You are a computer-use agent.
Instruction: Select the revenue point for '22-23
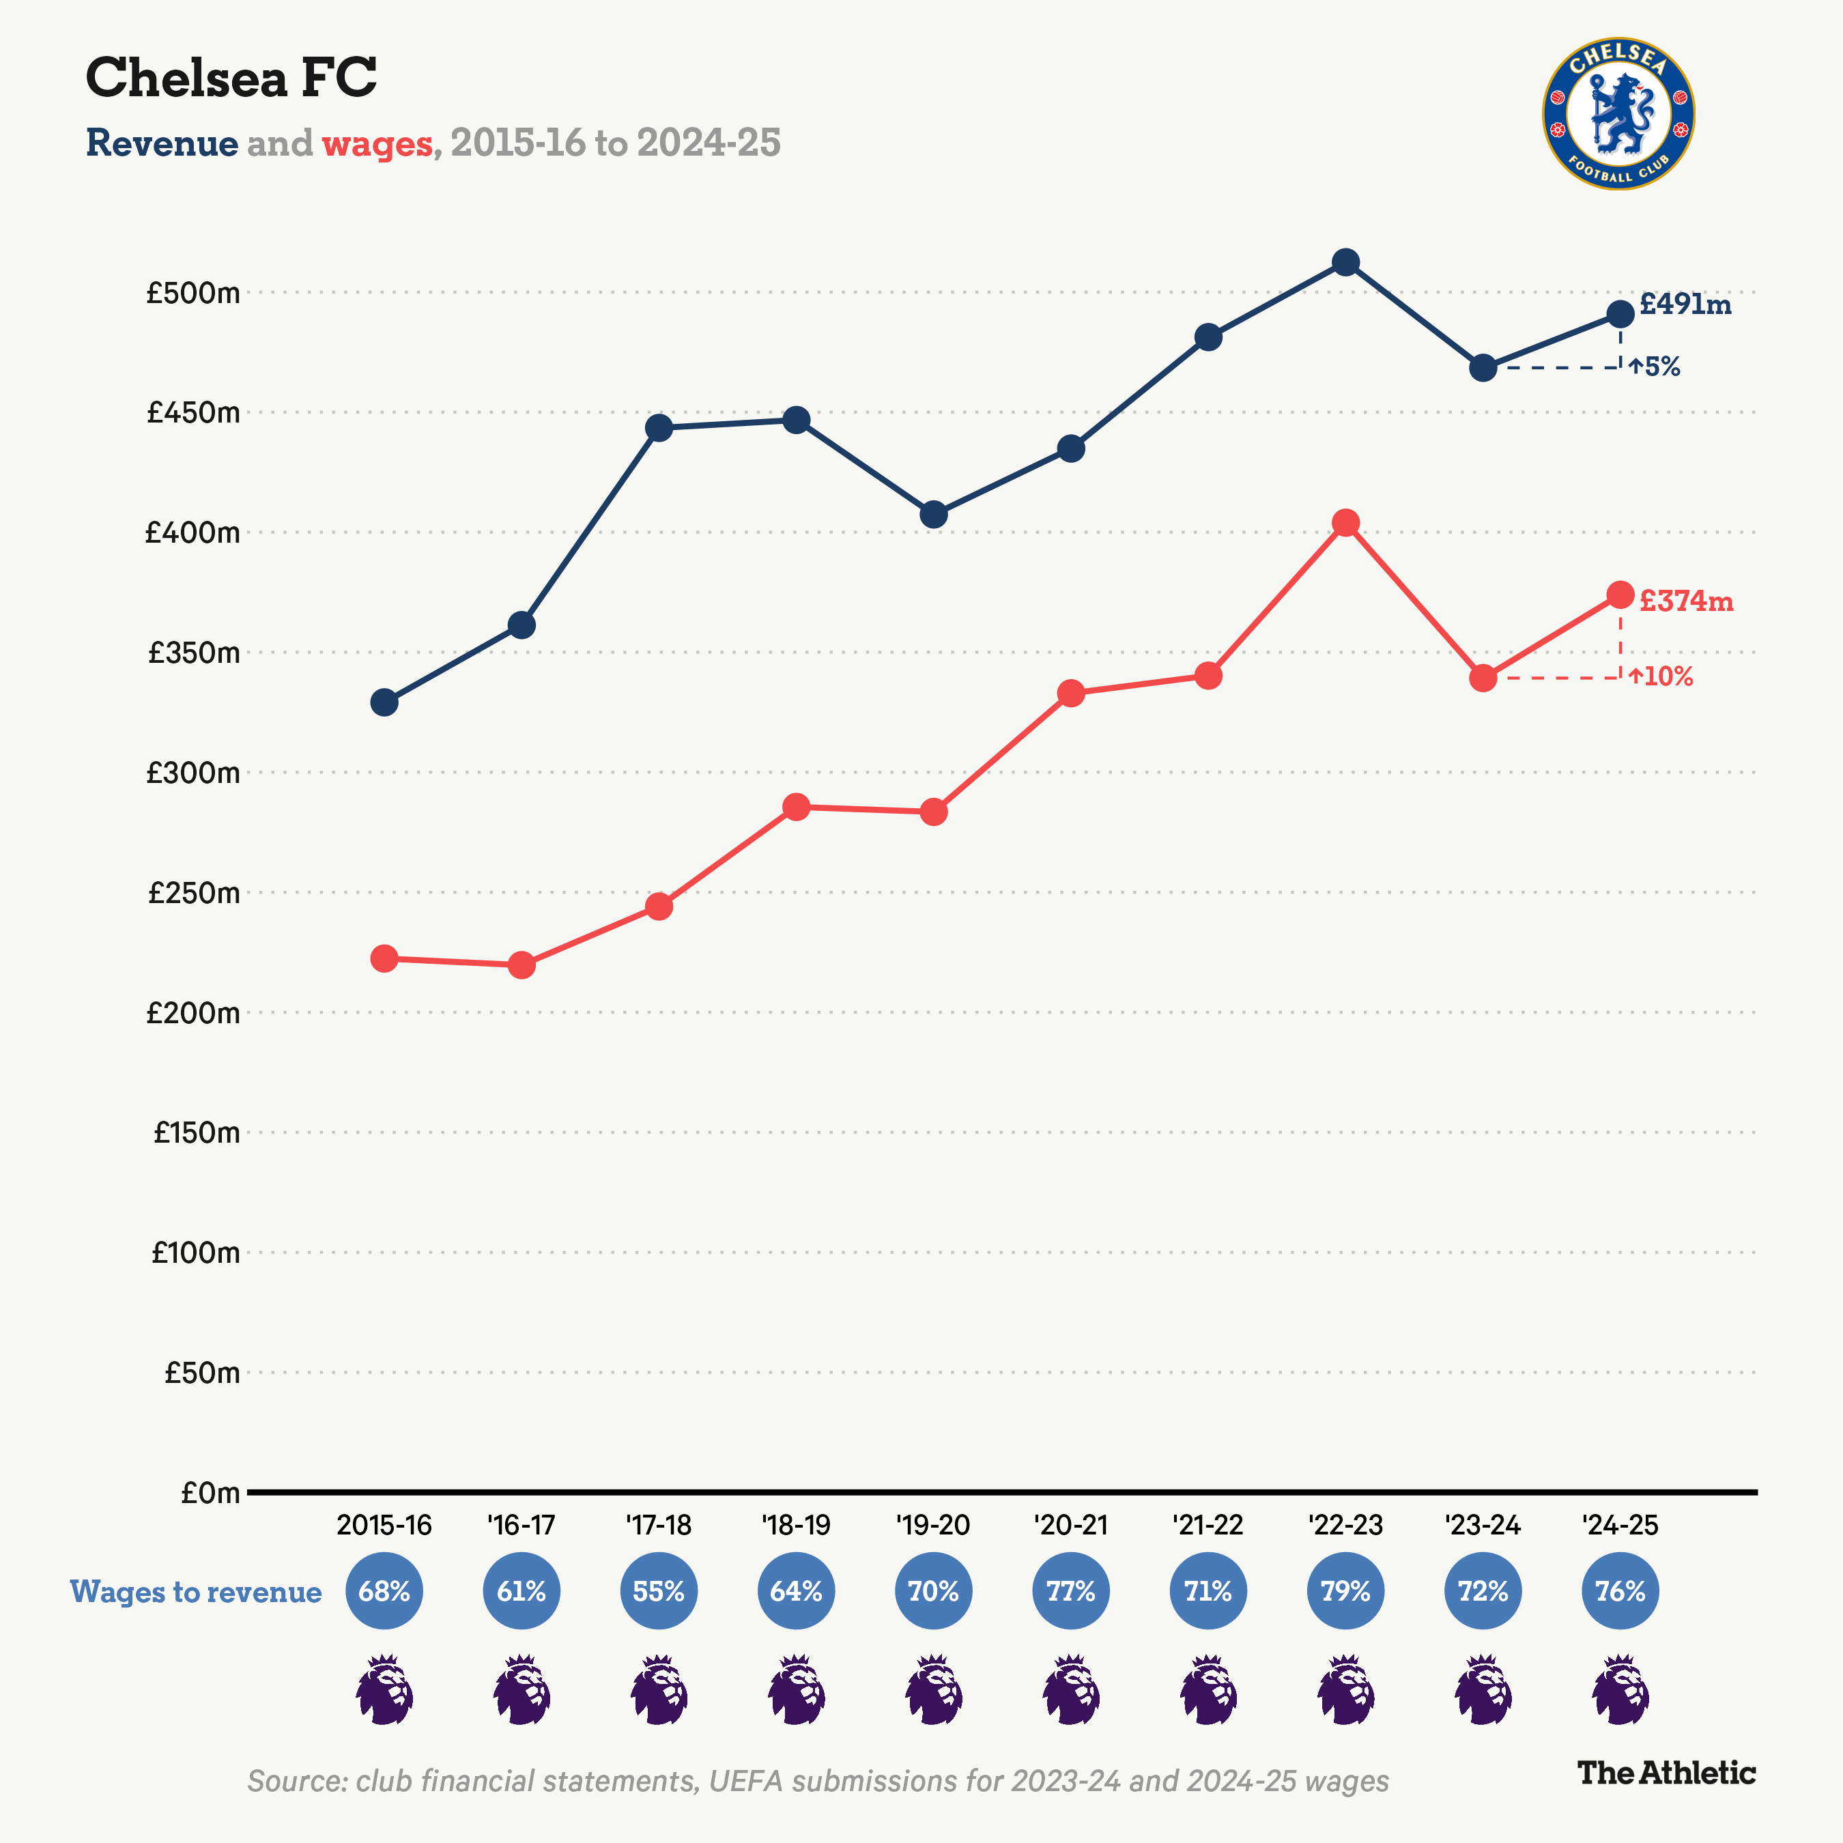point(1345,262)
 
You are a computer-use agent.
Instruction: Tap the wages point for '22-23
point(1345,523)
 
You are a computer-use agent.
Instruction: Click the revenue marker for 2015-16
point(384,702)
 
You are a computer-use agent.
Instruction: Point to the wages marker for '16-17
point(522,965)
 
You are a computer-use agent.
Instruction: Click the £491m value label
point(1685,304)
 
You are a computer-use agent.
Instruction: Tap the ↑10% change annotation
point(1661,677)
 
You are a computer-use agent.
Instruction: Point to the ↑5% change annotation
point(1655,367)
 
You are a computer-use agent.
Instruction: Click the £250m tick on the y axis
point(194,893)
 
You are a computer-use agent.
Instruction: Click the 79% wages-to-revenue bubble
point(1345,1591)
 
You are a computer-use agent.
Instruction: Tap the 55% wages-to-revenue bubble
point(659,1591)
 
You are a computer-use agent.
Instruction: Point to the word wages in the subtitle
point(377,143)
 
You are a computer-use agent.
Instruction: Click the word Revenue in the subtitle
point(162,143)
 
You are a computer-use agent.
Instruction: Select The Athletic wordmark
point(1666,1773)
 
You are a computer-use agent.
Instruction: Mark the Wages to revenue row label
point(195,1591)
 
